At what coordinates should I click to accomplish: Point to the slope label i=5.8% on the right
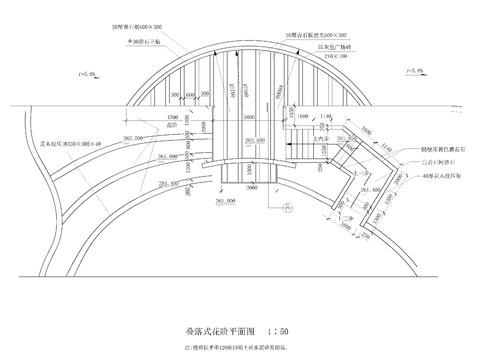[x=411, y=72]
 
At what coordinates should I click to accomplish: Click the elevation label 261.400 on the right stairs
[x=369, y=185]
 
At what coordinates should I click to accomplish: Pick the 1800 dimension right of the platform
[x=302, y=115]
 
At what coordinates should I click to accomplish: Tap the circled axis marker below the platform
[x=286, y=210]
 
